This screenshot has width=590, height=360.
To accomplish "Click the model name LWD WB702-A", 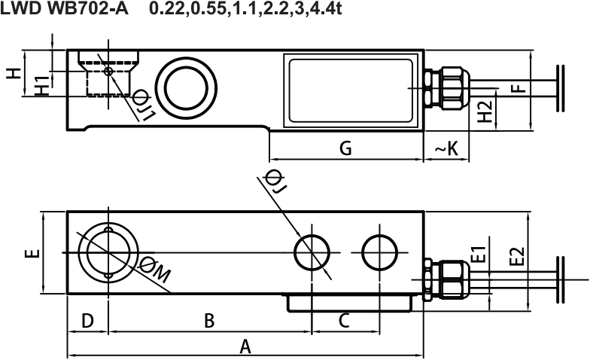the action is [x=64, y=9].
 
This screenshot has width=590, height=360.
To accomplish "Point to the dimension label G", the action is [x=345, y=148].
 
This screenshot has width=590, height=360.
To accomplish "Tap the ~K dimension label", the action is [x=447, y=149].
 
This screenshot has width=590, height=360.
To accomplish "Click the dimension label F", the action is [x=519, y=89].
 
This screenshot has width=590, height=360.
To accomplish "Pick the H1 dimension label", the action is [x=42, y=86].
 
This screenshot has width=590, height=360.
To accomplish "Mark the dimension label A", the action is [x=245, y=346].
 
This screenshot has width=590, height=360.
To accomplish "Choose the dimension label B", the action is [x=209, y=321].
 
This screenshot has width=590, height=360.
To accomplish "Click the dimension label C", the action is [x=344, y=321].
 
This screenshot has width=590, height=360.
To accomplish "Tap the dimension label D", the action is [x=87, y=321].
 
